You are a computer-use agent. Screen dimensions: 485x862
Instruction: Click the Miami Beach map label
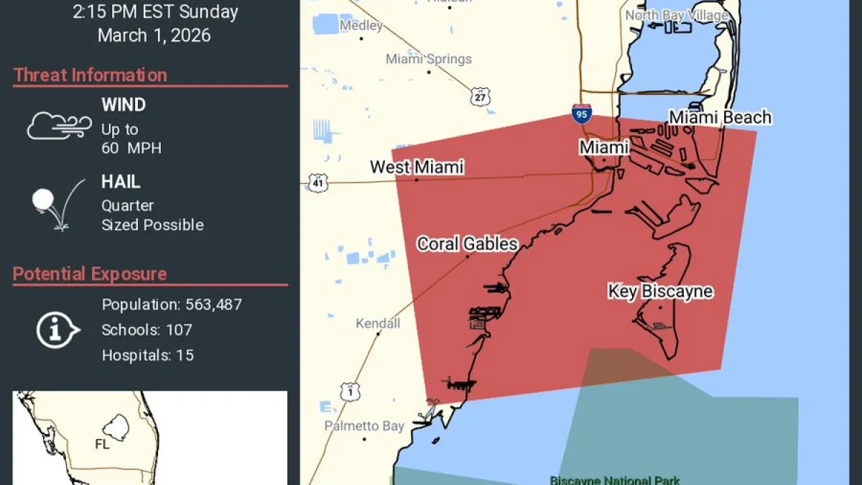coord(720,117)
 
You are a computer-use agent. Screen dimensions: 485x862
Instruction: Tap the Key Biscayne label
coord(660,291)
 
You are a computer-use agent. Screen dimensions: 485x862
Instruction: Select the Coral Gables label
coord(467,244)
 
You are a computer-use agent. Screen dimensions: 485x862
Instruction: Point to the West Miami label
coord(417,167)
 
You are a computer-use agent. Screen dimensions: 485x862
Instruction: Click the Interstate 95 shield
coord(582,114)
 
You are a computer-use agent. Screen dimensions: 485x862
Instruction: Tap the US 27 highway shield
coord(480,96)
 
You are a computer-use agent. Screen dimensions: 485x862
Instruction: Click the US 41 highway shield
coord(318,183)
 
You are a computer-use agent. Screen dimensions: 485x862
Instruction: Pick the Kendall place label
coord(378,323)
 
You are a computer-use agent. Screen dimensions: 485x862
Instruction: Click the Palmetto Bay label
coord(363,426)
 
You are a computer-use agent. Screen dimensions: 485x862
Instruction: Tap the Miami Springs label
coord(429,59)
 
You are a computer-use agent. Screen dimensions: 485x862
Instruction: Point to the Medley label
coord(361,26)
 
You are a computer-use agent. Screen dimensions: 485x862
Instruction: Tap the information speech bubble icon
coord(57,331)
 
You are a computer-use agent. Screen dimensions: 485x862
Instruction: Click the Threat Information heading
coord(90,75)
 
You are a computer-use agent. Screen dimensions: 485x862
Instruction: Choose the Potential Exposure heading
coord(90,274)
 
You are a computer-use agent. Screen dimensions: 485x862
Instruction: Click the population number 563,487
coord(212,305)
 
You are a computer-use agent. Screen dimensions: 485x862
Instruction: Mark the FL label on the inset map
coord(102,444)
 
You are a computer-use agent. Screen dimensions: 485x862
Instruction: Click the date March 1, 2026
coord(154,35)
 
